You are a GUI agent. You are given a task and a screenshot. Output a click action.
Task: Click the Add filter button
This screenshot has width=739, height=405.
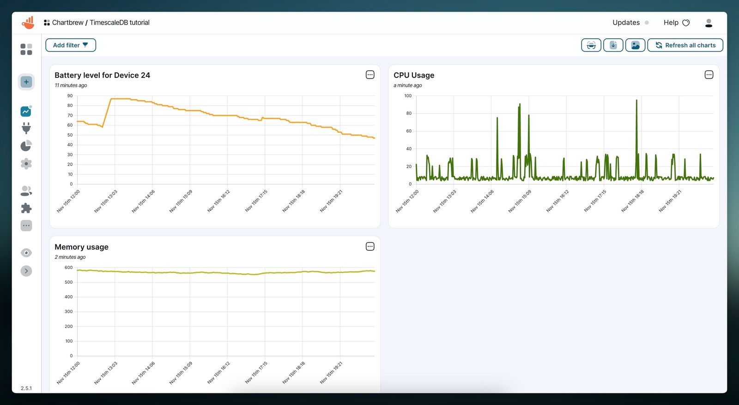tap(70, 45)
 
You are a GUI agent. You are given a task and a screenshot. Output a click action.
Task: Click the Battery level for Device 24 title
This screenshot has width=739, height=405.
tap(102, 75)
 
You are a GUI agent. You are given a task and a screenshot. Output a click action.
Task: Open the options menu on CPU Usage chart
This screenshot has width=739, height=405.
tap(709, 75)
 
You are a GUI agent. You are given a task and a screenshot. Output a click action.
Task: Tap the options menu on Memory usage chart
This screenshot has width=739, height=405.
tap(369, 246)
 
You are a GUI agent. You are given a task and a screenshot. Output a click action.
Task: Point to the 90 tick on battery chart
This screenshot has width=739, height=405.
tap(70, 96)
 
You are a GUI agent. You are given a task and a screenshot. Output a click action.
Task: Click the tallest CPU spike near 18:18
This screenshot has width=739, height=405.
tap(636, 101)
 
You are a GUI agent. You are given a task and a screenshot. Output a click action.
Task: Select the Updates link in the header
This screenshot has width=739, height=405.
tap(626, 23)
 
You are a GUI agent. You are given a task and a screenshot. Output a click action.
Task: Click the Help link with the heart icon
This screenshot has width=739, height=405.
tap(676, 23)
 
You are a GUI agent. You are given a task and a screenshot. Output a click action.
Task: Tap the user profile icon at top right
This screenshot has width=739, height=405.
tap(709, 23)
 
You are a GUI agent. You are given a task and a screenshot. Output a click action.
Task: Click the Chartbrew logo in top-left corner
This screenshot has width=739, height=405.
tap(28, 23)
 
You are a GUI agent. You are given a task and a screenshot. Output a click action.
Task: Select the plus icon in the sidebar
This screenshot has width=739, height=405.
tap(26, 82)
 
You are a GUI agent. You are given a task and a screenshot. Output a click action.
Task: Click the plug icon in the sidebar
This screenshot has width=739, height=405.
tap(26, 128)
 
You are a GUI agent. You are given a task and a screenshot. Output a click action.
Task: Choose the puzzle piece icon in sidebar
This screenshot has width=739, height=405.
tap(26, 208)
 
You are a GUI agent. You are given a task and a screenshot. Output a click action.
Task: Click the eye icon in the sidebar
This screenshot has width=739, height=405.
tap(26, 253)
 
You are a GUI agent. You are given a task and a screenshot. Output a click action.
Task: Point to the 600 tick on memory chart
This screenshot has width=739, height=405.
tap(68, 268)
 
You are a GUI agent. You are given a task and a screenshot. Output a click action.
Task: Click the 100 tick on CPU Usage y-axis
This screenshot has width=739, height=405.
tap(407, 96)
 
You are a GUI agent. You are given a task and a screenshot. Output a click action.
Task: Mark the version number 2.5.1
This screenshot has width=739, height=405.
tap(26, 388)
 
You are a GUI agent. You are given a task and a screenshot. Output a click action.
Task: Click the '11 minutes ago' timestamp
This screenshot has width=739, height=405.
tap(71, 85)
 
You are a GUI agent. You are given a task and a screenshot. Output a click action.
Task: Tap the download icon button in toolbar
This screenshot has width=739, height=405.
tap(613, 45)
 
